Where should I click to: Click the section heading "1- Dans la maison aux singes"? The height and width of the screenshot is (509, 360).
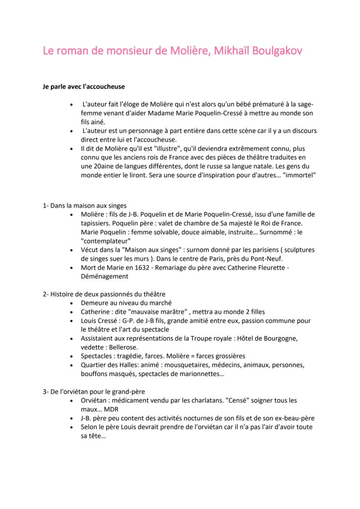[85, 206]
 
